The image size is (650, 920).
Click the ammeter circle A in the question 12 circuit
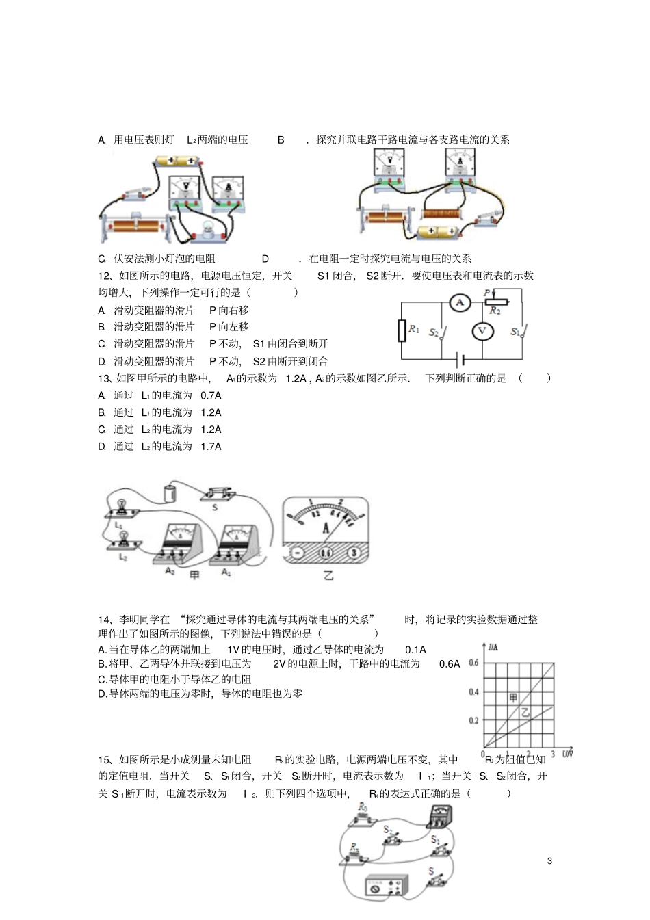460,302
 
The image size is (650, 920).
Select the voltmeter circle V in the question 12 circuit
482,332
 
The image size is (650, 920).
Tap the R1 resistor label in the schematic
413,329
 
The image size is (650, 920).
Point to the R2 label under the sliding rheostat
495,311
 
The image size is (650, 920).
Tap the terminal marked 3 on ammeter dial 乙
353,553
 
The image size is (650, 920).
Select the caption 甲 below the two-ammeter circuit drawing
194,575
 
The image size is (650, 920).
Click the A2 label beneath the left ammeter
170,570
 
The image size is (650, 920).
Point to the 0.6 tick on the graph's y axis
473,663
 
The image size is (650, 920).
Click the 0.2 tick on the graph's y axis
473,721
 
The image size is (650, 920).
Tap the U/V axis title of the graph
567,754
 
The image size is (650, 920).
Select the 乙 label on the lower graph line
525,713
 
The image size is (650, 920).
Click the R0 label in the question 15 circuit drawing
363,808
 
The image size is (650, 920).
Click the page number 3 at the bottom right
549,860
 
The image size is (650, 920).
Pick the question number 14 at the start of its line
104,619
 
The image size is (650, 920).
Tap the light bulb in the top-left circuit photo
205,230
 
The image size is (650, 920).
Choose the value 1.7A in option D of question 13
211,447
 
